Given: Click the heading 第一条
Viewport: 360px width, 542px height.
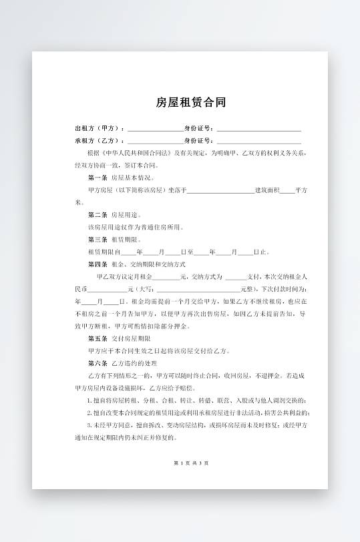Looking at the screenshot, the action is [98, 178].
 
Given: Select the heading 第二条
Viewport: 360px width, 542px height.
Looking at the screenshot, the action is [98, 215].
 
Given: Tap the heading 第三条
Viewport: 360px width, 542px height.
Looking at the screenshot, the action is [98, 240].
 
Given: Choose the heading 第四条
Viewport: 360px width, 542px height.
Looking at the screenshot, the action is [98, 264].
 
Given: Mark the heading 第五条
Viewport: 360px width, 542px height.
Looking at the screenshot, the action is [98, 339].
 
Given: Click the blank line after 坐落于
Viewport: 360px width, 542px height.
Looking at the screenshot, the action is [220, 191].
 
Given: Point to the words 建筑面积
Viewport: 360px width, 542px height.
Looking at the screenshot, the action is [267, 190].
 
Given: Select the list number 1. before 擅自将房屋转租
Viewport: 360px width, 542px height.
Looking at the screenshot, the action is [89, 400].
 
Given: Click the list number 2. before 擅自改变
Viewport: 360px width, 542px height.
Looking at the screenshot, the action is [89, 413].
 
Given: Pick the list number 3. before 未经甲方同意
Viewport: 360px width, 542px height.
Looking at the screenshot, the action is [89, 425].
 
